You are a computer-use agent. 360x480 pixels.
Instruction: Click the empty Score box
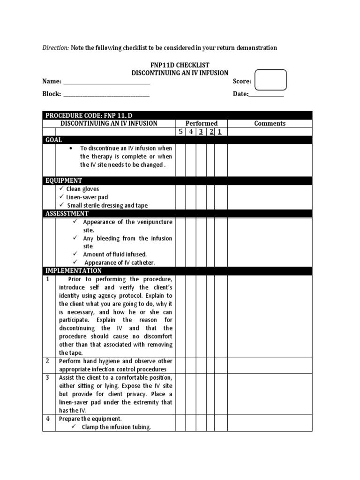click(x=270, y=80)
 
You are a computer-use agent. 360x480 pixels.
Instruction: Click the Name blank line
click(x=106, y=82)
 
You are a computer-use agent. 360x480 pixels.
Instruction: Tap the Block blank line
click(x=106, y=95)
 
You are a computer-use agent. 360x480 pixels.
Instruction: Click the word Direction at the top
click(x=55, y=48)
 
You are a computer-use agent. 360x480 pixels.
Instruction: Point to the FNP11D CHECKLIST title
click(x=180, y=65)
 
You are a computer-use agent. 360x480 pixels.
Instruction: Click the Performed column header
click(x=202, y=123)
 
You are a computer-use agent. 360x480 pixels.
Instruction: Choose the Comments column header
click(x=270, y=123)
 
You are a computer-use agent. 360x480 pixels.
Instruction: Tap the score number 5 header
click(x=180, y=132)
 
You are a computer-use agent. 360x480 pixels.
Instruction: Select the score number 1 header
click(x=219, y=132)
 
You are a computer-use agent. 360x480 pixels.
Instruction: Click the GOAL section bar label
click(x=53, y=140)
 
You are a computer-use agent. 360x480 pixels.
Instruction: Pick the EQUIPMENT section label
click(x=64, y=180)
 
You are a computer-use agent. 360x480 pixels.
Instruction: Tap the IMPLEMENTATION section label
click(x=74, y=271)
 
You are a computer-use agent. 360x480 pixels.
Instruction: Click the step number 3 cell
click(x=47, y=378)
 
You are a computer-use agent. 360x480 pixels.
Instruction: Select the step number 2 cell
click(x=47, y=361)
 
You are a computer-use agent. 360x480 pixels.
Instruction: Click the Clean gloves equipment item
click(x=82, y=189)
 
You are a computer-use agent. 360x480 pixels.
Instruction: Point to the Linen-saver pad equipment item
click(x=87, y=197)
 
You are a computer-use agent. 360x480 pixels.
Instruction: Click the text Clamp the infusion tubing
click(x=116, y=427)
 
